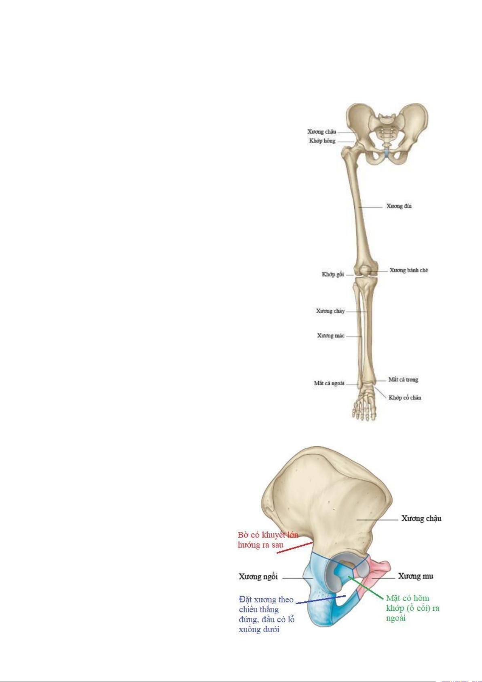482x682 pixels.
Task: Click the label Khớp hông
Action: [322, 141]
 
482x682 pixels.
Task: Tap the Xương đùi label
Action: [399, 206]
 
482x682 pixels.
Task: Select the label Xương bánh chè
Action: [408, 270]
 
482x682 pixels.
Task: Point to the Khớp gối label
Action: [333, 274]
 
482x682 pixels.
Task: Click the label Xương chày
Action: [330, 311]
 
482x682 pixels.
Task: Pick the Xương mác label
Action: [331, 336]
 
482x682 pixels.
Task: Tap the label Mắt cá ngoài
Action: [329, 383]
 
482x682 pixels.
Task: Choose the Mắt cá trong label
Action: [403, 380]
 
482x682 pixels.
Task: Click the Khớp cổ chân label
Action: [405, 397]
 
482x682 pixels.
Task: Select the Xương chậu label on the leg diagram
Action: [321, 132]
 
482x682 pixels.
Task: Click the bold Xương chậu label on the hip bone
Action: [421, 518]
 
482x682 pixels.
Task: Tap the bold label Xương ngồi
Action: [258, 576]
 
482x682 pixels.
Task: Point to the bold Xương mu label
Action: [415, 576]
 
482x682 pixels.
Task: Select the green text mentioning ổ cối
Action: [412, 608]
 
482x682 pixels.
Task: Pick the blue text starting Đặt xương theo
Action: [266, 614]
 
